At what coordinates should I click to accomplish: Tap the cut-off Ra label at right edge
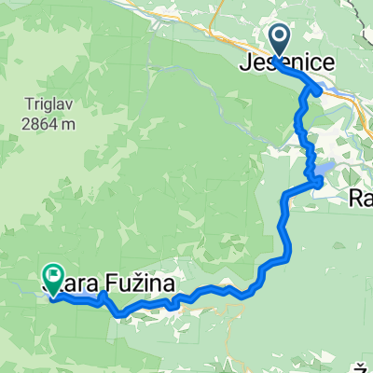(362, 197)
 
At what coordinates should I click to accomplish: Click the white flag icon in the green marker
(52, 276)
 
